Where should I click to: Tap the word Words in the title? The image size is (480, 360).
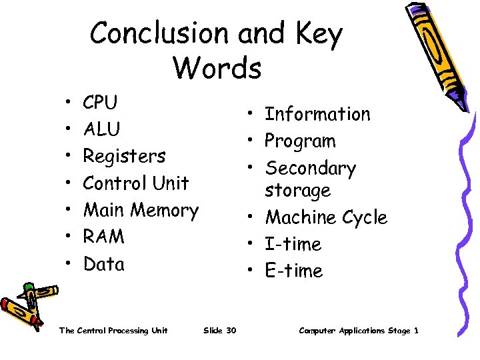click(x=217, y=67)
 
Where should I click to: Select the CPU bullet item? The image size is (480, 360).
click(x=100, y=103)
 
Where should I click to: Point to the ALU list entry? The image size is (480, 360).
click(x=101, y=129)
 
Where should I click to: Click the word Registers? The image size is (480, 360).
click(x=124, y=157)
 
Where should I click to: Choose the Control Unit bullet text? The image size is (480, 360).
click(x=136, y=183)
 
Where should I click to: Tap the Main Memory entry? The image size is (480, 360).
click(x=141, y=210)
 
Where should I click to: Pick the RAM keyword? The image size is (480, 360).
click(x=103, y=237)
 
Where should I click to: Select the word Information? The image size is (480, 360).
click(x=317, y=114)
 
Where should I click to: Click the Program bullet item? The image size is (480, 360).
click(x=300, y=141)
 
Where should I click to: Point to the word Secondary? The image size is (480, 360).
click(x=310, y=168)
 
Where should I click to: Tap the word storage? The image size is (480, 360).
click(x=297, y=191)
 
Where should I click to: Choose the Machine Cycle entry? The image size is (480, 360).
click(x=325, y=217)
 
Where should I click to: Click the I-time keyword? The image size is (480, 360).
click(x=293, y=244)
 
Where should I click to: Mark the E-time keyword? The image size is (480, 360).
click(x=293, y=271)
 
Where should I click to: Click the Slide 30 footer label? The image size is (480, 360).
click(x=219, y=331)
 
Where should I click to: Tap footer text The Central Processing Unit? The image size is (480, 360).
click(x=113, y=331)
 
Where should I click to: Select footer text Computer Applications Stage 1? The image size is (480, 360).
click(x=359, y=331)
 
